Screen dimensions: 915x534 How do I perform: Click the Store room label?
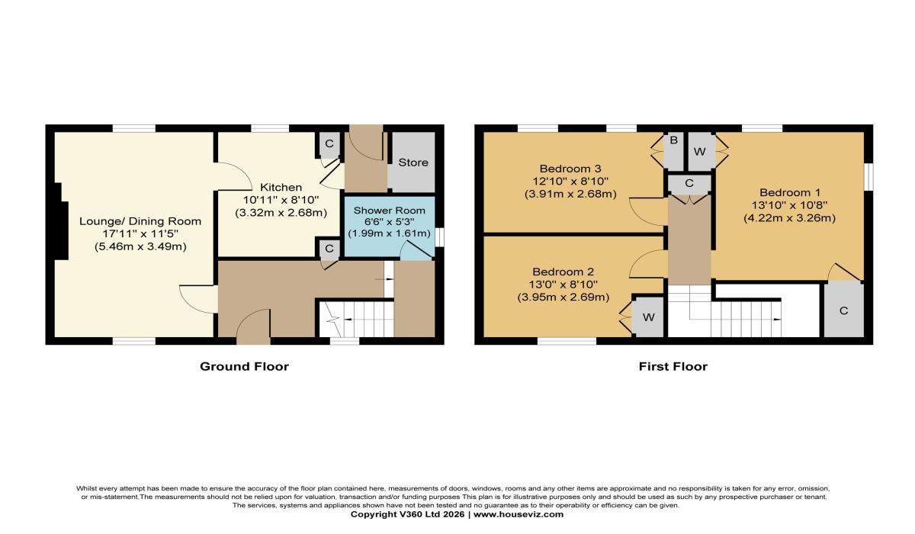click(413, 162)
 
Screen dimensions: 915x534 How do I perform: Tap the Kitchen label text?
click(281, 188)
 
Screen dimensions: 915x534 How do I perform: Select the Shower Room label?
click(390, 211)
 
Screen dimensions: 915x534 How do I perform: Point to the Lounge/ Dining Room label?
click(140, 221)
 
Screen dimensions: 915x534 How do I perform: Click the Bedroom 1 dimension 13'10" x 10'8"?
click(789, 205)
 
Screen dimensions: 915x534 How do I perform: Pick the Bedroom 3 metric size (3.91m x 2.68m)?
click(570, 194)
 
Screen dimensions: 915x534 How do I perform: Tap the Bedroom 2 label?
click(563, 272)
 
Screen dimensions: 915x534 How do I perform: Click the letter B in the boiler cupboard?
click(673, 140)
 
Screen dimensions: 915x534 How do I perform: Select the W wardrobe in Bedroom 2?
click(649, 317)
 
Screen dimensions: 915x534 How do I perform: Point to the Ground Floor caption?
click(244, 366)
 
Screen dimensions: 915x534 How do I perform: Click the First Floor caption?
click(673, 366)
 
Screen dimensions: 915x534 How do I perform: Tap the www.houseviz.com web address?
click(518, 514)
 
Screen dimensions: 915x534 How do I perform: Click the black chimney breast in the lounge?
click(62, 220)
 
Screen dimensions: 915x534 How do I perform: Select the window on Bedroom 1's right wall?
click(868, 177)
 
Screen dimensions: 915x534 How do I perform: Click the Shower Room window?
click(439, 237)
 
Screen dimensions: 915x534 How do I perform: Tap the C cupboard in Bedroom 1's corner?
click(844, 310)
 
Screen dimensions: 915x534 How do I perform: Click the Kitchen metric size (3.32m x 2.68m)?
click(281, 213)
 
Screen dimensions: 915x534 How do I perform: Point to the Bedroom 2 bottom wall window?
click(567, 341)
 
